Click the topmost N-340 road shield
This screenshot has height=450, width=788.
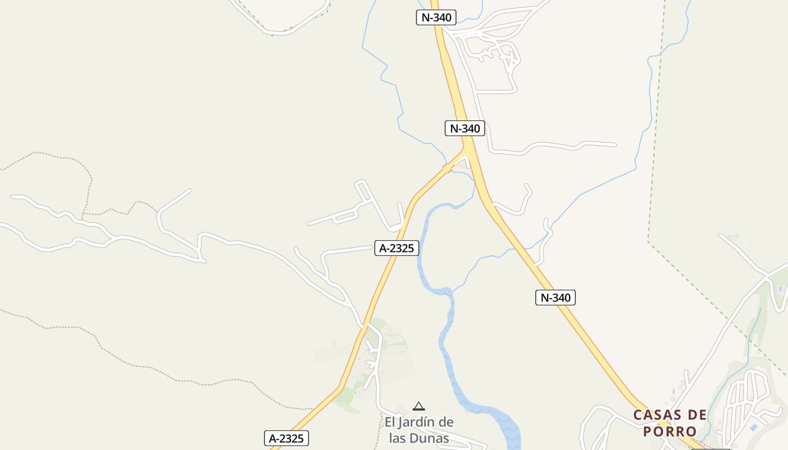436,17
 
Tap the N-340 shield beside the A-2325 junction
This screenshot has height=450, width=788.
464,128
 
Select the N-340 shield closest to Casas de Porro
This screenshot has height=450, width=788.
555,298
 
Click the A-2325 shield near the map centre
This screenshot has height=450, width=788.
397,248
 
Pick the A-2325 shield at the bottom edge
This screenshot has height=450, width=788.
286,438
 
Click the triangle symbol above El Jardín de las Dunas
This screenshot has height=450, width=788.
418,406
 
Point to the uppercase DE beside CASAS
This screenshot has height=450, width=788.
697,415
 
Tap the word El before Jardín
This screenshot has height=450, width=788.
391,422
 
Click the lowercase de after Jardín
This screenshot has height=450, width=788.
446,422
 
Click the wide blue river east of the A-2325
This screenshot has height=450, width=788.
445,337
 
